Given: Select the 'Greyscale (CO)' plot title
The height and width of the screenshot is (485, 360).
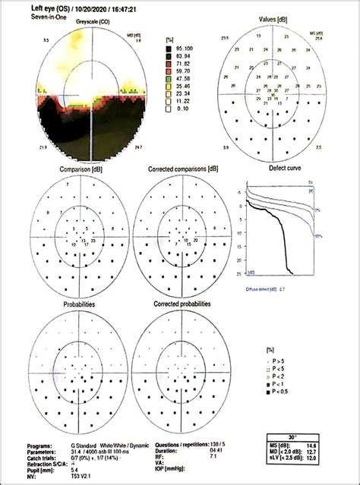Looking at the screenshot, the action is pyautogui.click(x=92, y=24).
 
